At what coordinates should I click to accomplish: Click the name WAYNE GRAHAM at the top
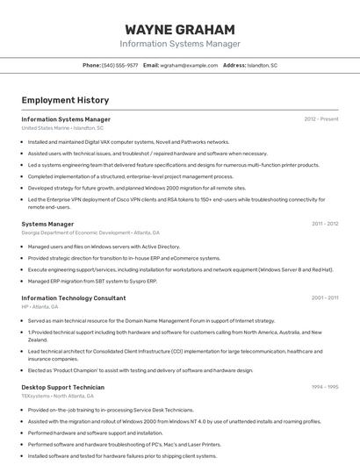coord(180,29)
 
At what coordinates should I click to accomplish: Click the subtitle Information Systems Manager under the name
coord(180,44)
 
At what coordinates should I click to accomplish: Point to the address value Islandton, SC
coord(262,66)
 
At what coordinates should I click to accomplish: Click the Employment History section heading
coord(65,100)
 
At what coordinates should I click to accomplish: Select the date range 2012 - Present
coord(321,119)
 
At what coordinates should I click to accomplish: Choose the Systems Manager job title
coord(47,224)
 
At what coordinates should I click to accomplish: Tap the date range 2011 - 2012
coord(325,224)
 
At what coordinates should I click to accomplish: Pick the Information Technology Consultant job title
coord(74,298)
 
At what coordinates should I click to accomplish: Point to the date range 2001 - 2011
coord(325,298)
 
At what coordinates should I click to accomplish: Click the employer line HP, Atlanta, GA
coord(40,307)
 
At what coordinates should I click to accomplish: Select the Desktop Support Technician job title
coord(62,387)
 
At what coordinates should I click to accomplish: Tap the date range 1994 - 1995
coord(325,387)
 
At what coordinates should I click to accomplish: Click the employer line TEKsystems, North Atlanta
coord(59,396)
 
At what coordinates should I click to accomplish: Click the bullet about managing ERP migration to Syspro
coord(92,282)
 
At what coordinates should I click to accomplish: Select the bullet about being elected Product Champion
coord(140,370)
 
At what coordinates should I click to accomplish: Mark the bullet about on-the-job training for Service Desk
coord(111,410)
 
